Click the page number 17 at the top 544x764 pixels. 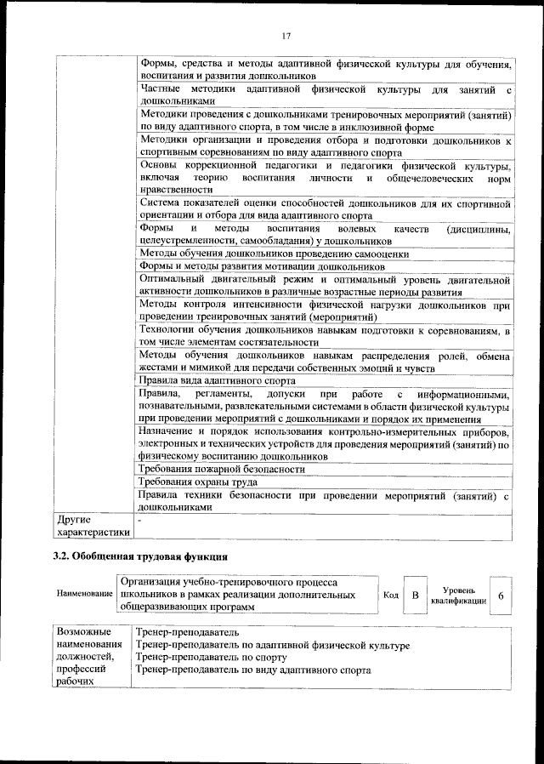pos(286,34)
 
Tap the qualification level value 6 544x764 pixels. pos(501,596)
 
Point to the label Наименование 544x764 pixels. pos(84,593)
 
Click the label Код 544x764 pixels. pos(391,596)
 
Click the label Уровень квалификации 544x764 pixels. pos(458,595)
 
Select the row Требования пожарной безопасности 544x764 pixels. pos(221,469)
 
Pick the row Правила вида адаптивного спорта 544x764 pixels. pos(217,382)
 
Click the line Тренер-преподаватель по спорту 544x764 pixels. pos(210,658)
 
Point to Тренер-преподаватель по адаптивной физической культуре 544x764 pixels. pos(272,646)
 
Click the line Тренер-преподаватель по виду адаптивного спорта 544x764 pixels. pos(252,670)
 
